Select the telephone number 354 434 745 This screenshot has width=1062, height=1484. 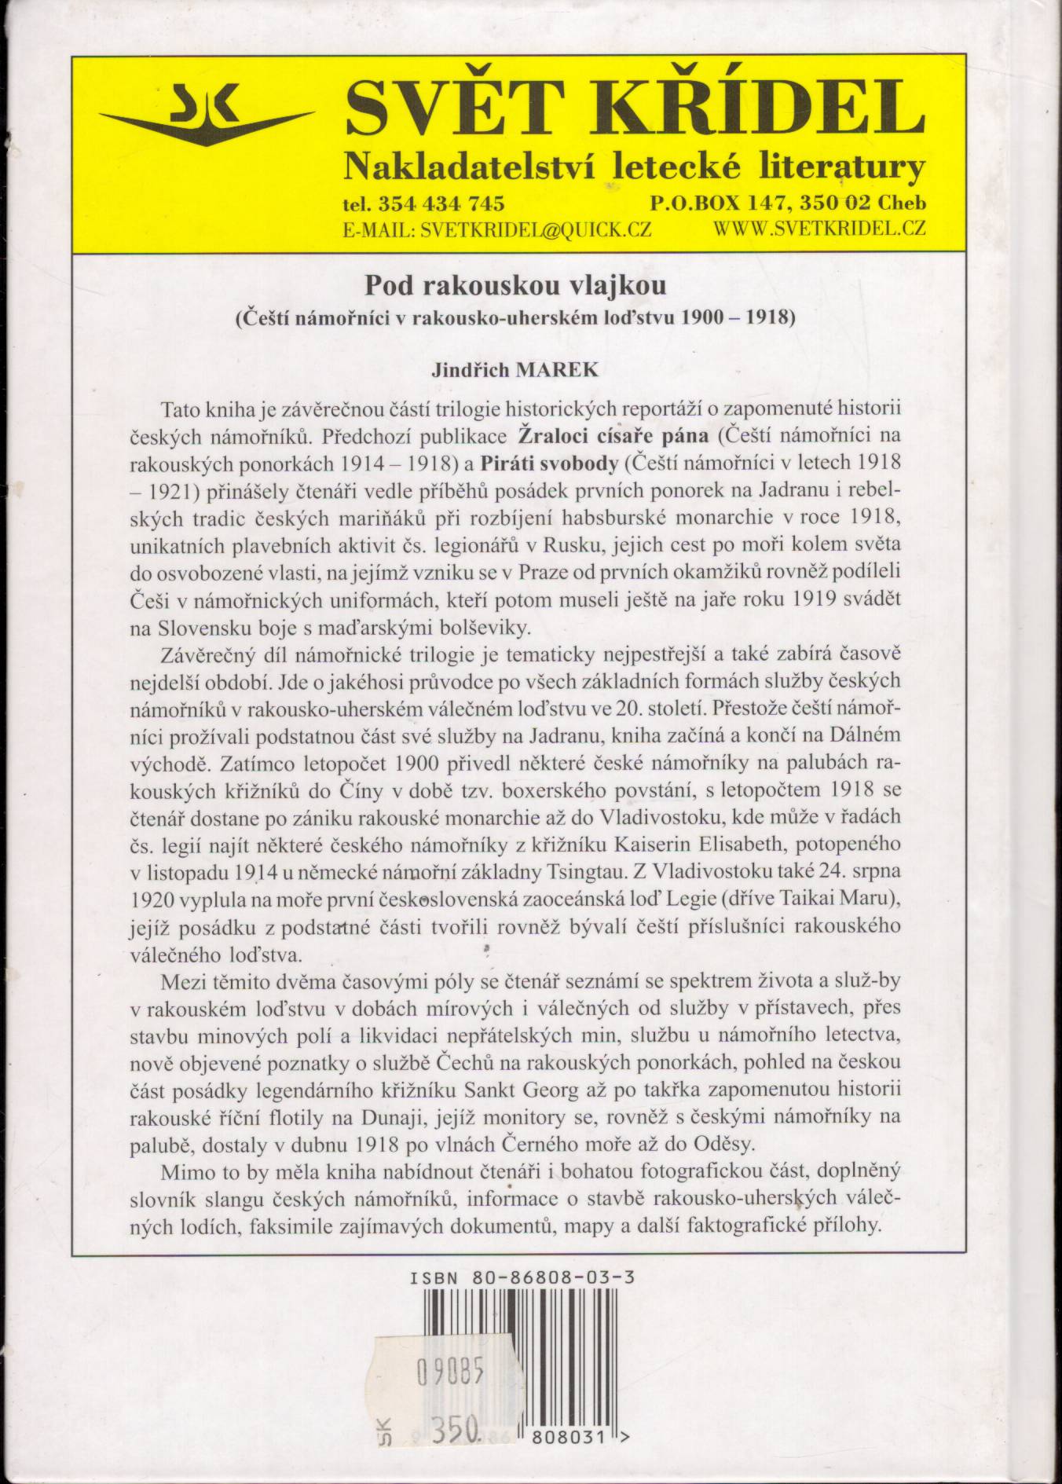pyautogui.click(x=441, y=203)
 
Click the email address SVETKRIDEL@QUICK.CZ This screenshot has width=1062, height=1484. pyautogui.click(x=536, y=229)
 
